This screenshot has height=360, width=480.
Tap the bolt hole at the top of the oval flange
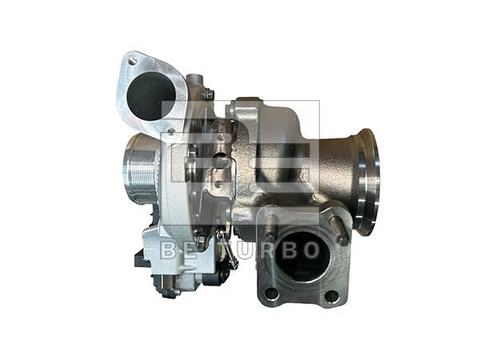(132, 62)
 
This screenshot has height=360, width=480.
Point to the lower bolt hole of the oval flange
(171, 131)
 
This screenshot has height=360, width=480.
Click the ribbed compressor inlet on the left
(140, 170)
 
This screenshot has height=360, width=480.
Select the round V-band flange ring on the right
(367, 182)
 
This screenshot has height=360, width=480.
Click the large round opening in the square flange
(303, 256)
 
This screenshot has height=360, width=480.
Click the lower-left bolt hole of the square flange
(271, 294)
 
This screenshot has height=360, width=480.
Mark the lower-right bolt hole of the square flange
(331, 295)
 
